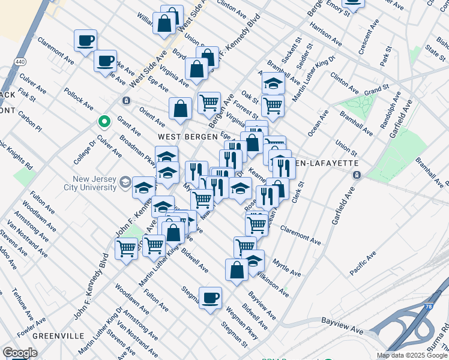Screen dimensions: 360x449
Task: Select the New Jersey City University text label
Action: (94, 183)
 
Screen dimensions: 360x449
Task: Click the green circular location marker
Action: (104, 122)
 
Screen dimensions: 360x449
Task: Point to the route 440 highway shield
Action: (20, 62)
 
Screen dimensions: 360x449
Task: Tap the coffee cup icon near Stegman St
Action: (210, 298)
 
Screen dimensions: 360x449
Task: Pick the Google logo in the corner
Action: (20, 353)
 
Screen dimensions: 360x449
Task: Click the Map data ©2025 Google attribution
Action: (411, 355)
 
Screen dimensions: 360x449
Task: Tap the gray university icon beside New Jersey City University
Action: (125, 182)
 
